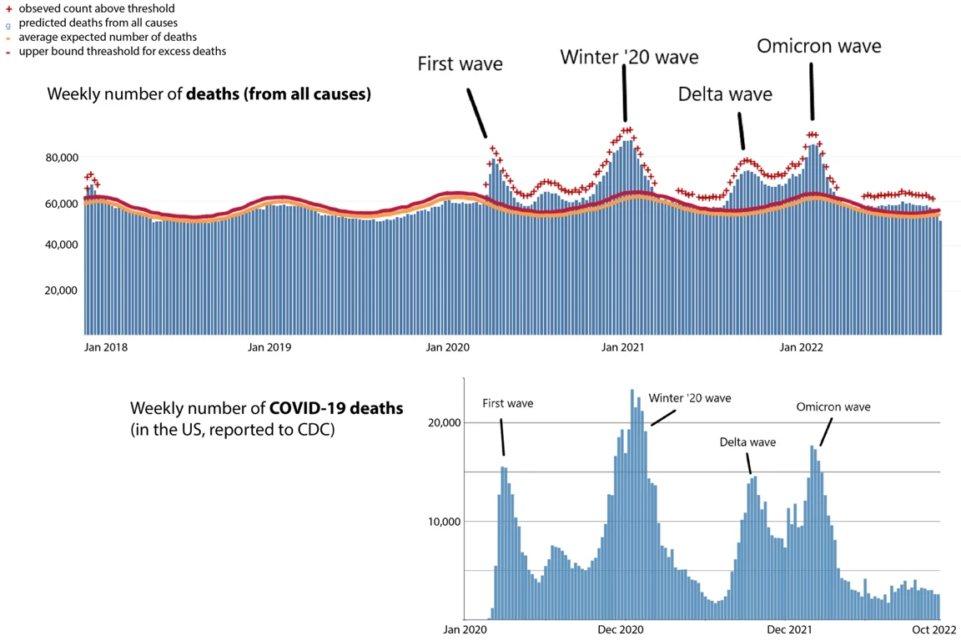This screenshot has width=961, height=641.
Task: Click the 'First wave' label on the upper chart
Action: (460, 63)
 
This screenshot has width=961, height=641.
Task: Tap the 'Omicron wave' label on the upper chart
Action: (818, 45)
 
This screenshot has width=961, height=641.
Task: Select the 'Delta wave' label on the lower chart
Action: (747, 442)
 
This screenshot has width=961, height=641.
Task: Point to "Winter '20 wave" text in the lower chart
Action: (689, 398)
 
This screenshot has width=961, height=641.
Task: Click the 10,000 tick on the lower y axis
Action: (443, 522)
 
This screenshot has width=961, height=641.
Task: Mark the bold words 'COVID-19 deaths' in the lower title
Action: (336, 409)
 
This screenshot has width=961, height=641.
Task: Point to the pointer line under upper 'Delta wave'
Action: (740, 131)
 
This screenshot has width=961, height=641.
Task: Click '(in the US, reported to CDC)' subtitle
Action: (232, 431)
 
